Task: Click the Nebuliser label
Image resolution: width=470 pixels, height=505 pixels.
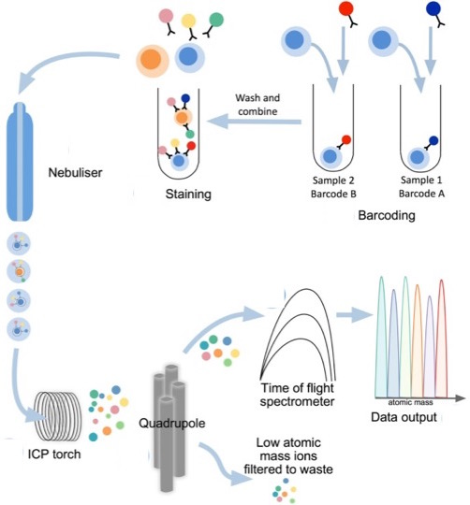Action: coord(75,173)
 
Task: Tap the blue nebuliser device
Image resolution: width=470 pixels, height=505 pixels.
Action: coord(20,162)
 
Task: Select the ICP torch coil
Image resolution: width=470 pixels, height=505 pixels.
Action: coord(57,416)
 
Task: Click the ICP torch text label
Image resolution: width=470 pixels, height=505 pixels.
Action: coord(54,454)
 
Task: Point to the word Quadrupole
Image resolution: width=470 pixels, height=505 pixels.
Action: coord(172,423)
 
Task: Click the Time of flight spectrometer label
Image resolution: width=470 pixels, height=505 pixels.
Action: coord(297,395)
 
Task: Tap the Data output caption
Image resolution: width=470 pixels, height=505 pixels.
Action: coord(404,417)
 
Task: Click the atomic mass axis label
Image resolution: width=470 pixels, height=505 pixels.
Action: coord(410,402)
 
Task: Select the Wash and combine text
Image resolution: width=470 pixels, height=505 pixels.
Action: coord(257,105)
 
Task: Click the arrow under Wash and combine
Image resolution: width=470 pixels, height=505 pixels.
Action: coord(255,122)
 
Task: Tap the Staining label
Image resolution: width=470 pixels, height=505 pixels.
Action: coord(188,194)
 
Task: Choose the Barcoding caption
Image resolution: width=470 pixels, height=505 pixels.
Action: coord(387,215)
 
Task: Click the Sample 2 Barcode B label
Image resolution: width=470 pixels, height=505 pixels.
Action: coord(333,187)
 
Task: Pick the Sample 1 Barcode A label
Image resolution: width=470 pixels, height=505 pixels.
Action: coord(421,186)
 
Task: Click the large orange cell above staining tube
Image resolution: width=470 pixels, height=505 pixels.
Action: coord(153,60)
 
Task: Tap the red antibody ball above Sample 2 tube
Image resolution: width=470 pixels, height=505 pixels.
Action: coord(346,9)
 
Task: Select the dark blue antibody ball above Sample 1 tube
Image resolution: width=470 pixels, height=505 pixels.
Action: coord(433,8)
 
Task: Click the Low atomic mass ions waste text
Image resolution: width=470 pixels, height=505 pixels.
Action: coord(288,456)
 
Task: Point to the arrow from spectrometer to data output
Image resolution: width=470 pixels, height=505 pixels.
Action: coord(354,314)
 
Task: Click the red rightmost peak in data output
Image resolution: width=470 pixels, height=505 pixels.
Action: coord(441,339)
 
